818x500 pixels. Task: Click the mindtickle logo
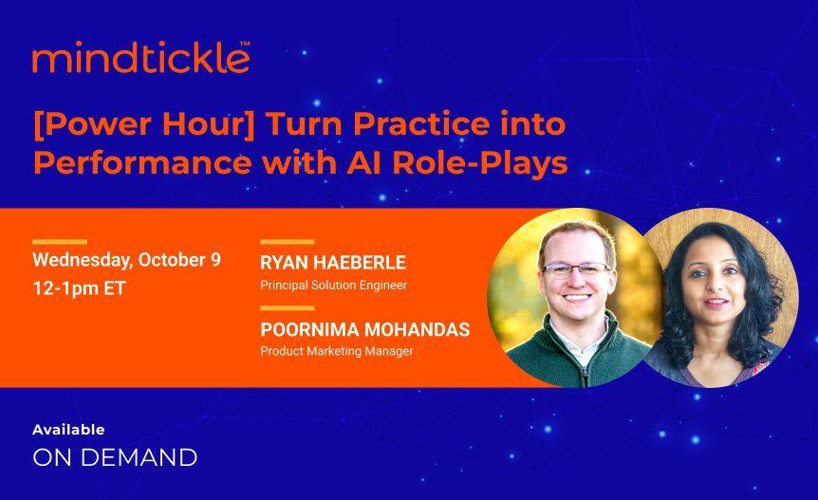point(140,59)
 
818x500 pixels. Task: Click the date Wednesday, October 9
point(126,260)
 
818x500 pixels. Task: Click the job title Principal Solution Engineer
point(333,284)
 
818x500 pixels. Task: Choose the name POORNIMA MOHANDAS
point(364,330)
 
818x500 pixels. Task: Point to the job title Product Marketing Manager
point(337,351)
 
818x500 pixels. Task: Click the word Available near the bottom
point(68,430)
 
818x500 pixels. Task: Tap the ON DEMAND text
point(115,457)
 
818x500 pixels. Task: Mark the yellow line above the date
point(59,242)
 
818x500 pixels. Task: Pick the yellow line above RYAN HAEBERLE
point(287,242)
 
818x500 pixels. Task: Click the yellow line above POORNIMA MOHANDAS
point(287,308)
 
